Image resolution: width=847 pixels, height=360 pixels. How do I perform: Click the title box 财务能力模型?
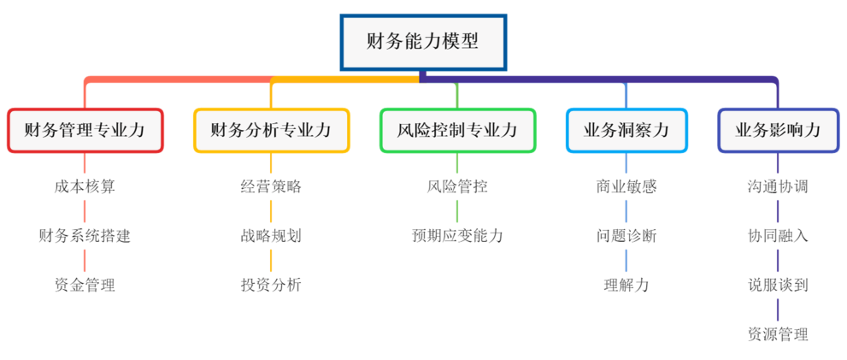coord(422,41)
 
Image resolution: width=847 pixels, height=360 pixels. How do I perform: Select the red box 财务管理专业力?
coord(85,131)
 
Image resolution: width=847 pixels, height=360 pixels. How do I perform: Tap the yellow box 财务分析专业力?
coord(271,131)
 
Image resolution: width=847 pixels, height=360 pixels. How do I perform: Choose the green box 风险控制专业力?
coord(457,131)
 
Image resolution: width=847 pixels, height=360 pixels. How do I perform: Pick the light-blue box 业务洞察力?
coord(626,131)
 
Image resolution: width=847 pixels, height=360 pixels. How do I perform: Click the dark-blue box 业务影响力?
coord(778,131)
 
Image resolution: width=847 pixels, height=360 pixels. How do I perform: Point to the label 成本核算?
coord(85,186)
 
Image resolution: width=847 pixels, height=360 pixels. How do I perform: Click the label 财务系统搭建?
coord(85,236)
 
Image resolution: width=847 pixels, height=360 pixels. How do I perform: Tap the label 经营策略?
coord(271,186)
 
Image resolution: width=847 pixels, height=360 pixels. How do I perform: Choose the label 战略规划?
coord(271,236)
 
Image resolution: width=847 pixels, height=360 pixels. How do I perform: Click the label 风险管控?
coord(457,186)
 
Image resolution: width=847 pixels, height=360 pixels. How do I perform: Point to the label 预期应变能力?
coord(457,236)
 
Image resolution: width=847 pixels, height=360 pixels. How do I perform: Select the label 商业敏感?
coord(626,186)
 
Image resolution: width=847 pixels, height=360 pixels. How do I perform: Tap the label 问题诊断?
coord(626,236)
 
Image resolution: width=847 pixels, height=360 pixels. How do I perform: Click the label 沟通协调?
coord(778,186)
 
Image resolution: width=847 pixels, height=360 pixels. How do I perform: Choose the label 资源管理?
coord(778,334)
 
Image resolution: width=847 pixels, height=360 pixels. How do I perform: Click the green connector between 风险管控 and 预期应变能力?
coord(457,211)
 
